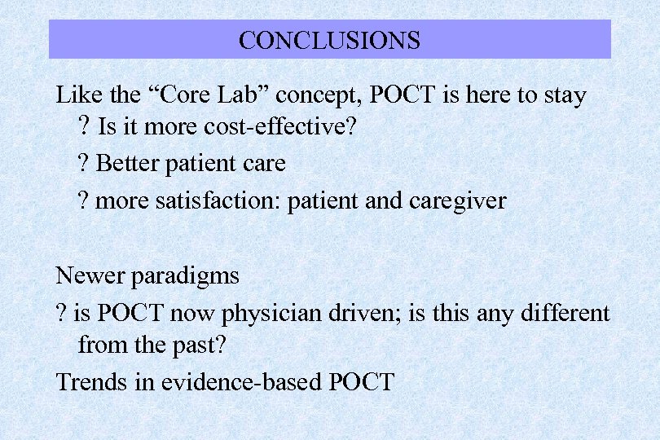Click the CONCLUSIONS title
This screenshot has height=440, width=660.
[329, 40]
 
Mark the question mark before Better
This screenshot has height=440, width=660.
[84, 163]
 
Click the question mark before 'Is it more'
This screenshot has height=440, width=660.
[84, 129]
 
